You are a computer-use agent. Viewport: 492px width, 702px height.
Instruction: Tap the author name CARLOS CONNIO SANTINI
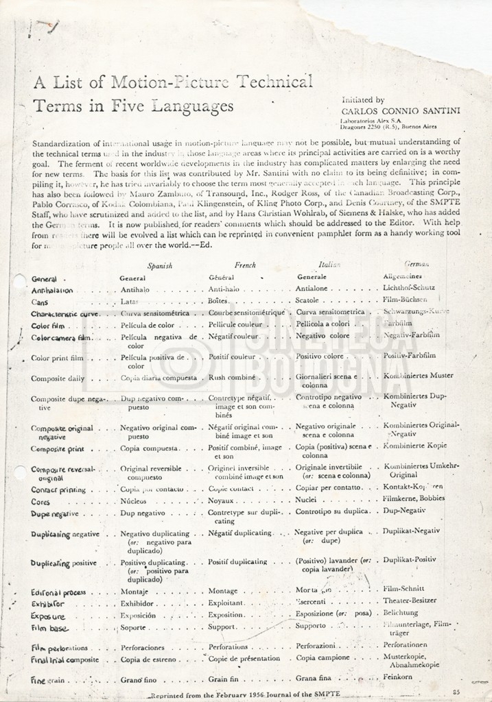pos(401,111)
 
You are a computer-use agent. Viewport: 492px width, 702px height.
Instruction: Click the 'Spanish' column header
pos(159,265)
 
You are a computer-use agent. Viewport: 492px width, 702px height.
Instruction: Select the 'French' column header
pos(245,265)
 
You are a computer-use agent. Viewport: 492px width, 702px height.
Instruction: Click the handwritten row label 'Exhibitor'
pos(48,604)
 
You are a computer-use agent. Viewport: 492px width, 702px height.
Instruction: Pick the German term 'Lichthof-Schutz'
pos(409,288)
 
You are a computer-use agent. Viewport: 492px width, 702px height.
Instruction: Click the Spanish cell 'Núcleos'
pos(135,501)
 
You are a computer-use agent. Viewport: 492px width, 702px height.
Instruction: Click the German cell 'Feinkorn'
pos(399,677)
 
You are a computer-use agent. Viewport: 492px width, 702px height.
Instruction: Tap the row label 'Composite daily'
pos(58,378)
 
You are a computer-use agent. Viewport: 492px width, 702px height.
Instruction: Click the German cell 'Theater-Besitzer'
pos(409,601)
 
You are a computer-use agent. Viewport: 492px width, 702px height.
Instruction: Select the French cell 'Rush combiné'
pos(231,378)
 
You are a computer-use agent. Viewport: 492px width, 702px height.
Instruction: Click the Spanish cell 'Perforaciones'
pos(143,646)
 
